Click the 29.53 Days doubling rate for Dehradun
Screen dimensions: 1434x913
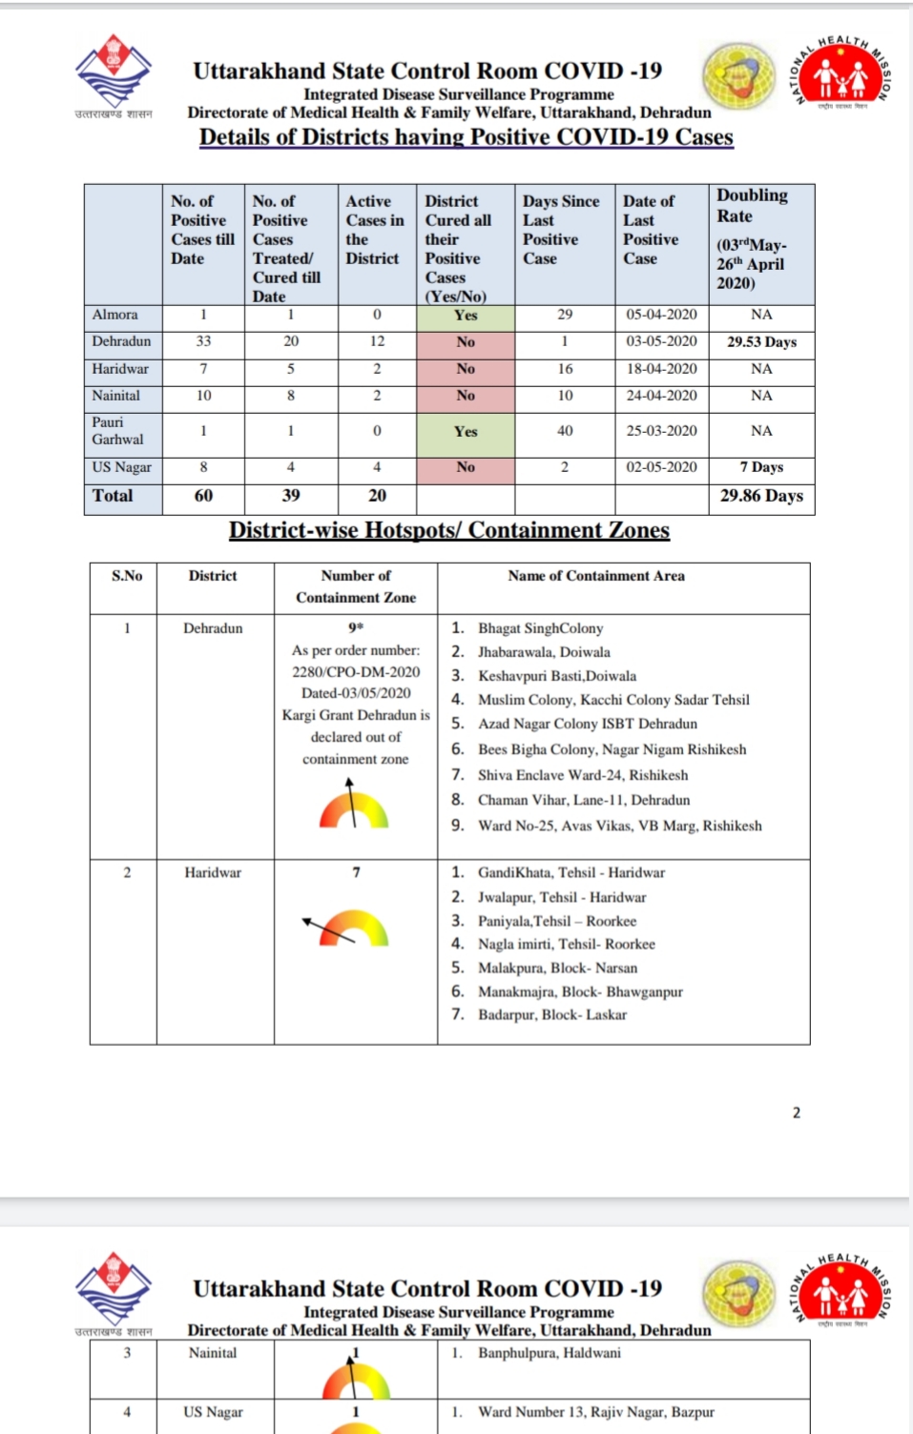click(x=761, y=341)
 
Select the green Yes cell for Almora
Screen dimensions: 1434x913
click(x=466, y=316)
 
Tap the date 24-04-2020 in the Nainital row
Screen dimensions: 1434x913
click(x=661, y=395)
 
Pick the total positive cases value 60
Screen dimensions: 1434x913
click(x=203, y=496)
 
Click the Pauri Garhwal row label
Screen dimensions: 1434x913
click(x=117, y=431)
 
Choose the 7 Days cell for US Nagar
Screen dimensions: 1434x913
click(x=761, y=467)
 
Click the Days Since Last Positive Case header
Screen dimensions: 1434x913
click(x=561, y=230)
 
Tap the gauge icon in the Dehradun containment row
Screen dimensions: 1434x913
click(x=354, y=806)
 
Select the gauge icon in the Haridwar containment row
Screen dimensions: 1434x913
click(x=350, y=927)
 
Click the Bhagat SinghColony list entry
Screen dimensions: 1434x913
click(x=540, y=628)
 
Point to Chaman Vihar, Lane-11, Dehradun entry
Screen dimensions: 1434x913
click(x=583, y=800)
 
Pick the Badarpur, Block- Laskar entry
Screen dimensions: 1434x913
click(x=551, y=1014)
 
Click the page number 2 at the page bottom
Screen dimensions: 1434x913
click(x=797, y=1113)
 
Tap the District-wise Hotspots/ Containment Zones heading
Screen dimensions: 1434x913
click(x=449, y=530)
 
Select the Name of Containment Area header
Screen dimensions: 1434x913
click(x=596, y=576)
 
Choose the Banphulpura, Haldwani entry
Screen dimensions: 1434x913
click(x=549, y=1353)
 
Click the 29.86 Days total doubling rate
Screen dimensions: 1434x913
click(x=761, y=496)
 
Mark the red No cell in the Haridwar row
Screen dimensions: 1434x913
click(x=466, y=369)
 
